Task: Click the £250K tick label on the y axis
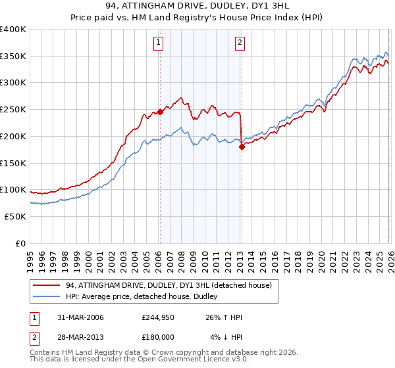click(13, 109)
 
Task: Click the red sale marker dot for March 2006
click(160, 112)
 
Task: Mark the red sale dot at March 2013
click(242, 147)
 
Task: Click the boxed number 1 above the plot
click(159, 43)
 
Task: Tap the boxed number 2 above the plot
click(240, 43)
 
